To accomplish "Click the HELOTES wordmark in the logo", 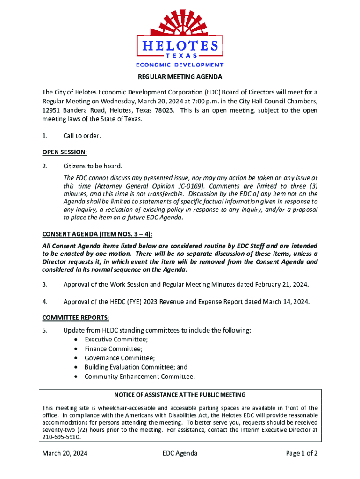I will [180, 46].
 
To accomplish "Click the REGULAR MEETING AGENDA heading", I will [180, 77].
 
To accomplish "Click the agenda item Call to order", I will [82, 136].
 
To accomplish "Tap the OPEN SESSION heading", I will [65, 152].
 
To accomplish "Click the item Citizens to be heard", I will [93, 166].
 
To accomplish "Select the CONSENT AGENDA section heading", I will [97, 234].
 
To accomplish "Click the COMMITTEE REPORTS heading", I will [75, 318].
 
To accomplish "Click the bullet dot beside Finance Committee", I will [76, 349].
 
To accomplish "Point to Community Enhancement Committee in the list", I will [139, 377].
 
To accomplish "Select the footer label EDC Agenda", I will [180, 453].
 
